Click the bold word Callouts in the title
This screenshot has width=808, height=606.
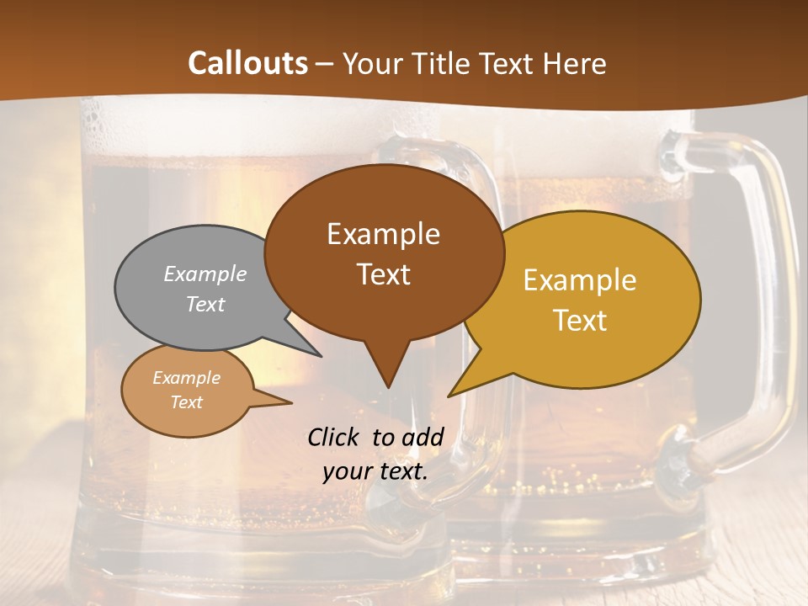[247, 63]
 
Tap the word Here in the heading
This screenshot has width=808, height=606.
[574, 63]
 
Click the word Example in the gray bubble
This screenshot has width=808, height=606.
[205, 274]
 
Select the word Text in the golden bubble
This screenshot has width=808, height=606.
[580, 321]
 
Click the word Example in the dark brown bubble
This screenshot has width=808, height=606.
[383, 234]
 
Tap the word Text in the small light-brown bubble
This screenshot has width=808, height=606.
[187, 402]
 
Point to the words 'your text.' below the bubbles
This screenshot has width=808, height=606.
[375, 471]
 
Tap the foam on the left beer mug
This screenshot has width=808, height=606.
[168, 126]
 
